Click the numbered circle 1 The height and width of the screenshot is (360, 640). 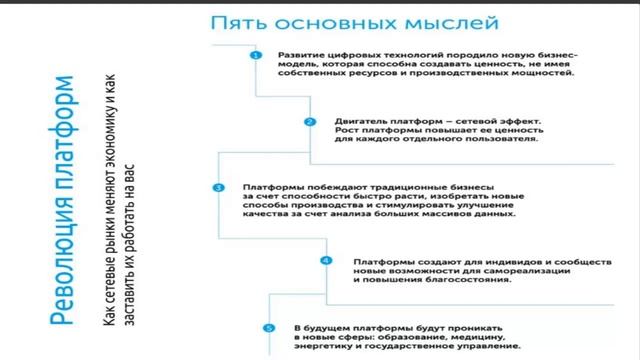(256, 56)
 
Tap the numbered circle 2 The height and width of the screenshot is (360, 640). (310, 122)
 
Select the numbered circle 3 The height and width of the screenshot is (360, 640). (219, 188)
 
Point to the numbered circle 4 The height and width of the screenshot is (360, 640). (325, 261)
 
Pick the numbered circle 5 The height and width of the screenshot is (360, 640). (268, 327)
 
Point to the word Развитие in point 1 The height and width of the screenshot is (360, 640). (300, 56)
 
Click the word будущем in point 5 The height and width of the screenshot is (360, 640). (329, 327)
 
